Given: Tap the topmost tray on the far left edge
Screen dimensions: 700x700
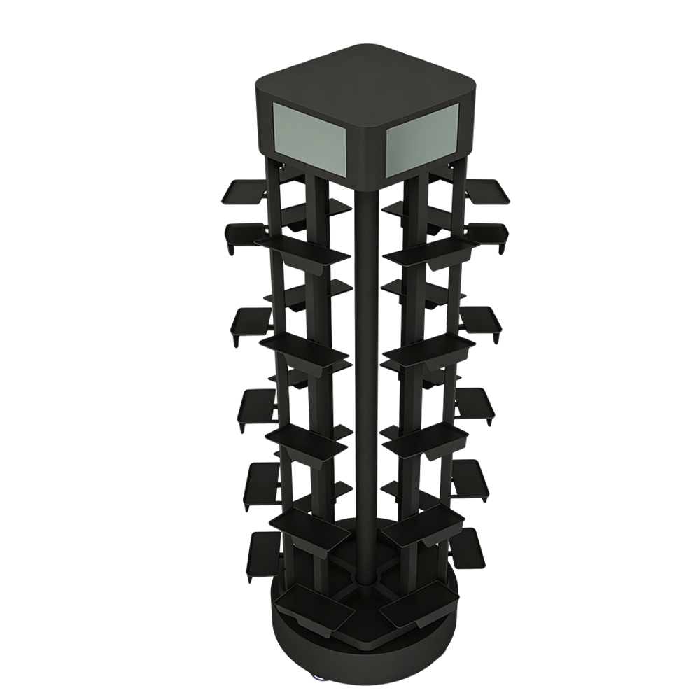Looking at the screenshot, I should tap(245, 190).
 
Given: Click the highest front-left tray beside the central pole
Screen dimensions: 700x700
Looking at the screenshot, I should tap(304, 248).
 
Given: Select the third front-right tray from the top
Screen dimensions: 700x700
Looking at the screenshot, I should tap(423, 435).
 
